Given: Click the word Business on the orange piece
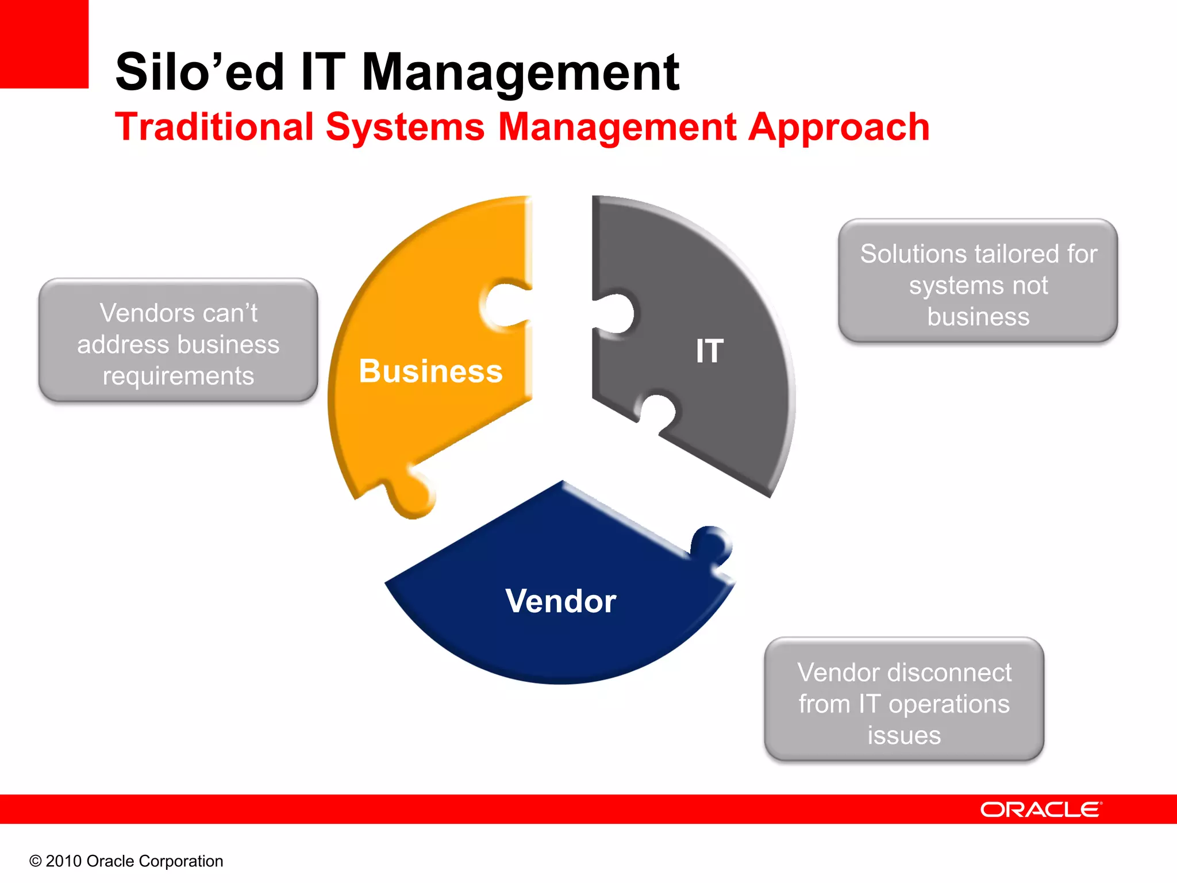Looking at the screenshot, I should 430,371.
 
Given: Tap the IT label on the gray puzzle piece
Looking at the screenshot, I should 709,351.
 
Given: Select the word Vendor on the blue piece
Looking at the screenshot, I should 560,601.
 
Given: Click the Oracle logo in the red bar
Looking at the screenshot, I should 1040,809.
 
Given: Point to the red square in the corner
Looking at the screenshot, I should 44,44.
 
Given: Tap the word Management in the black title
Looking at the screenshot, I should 520,72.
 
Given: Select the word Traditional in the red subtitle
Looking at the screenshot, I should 214,126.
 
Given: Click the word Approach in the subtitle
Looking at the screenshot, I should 838,128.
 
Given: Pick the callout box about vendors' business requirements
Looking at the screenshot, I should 178,340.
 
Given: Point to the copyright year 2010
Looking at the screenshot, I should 63,861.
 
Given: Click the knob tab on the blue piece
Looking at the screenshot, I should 711,543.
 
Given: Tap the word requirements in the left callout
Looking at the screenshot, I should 178,377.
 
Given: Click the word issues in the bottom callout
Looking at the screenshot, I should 904,735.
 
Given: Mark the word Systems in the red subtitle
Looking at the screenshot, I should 405,128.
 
